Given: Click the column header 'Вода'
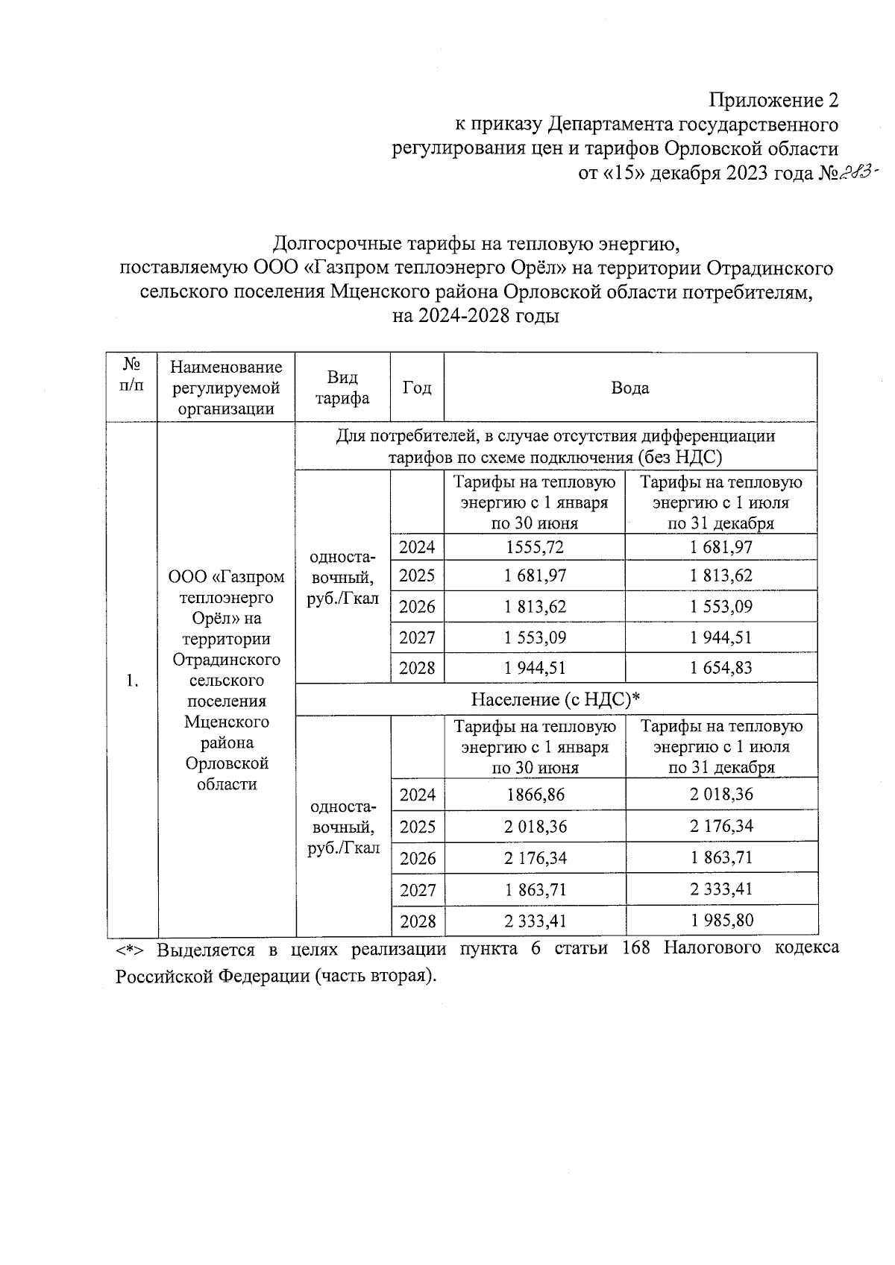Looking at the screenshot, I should click(x=629, y=388).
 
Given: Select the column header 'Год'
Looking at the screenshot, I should click(x=417, y=388).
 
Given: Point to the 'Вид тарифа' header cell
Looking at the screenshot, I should click(x=342, y=388).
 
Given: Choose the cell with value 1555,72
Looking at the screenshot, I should click(x=534, y=547).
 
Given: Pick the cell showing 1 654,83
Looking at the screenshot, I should click(x=720, y=668).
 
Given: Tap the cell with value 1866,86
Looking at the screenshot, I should click(x=535, y=795).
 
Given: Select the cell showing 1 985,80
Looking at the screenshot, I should click(x=721, y=921).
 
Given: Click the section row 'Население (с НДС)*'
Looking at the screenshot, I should click(x=556, y=699).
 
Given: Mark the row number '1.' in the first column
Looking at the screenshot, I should click(x=132, y=680).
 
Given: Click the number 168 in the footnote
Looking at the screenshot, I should click(x=635, y=949).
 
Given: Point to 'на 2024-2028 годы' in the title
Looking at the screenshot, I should click(x=476, y=315).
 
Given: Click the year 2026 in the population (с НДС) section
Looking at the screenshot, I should click(x=417, y=858).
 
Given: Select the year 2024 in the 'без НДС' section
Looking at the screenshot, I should click(x=417, y=547).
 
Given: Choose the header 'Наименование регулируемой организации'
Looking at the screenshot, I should click(x=226, y=388).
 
